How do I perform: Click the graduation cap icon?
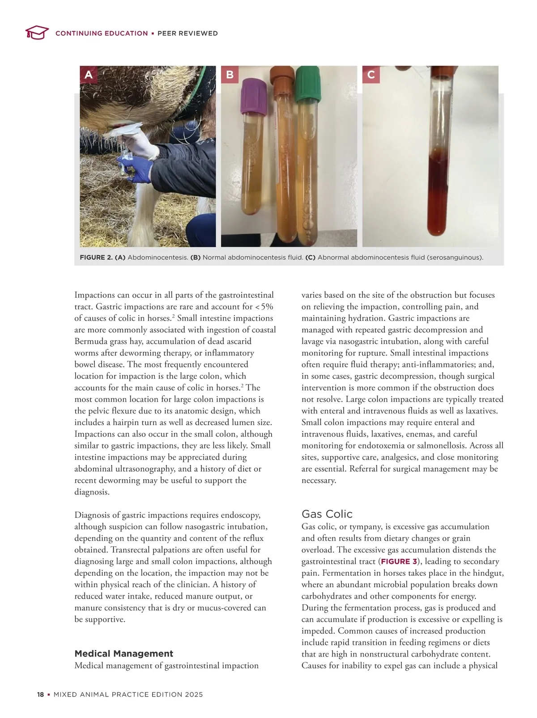click(37, 33)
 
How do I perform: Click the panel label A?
click(89, 75)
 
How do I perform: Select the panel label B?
click(230, 75)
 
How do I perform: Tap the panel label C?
click(371, 75)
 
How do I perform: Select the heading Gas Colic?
click(327, 514)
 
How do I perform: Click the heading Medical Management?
click(124, 654)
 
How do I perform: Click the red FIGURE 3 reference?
click(399, 562)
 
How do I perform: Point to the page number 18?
click(40, 694)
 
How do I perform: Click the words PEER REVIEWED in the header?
click(188, 33)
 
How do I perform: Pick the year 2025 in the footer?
click(194, 694)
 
